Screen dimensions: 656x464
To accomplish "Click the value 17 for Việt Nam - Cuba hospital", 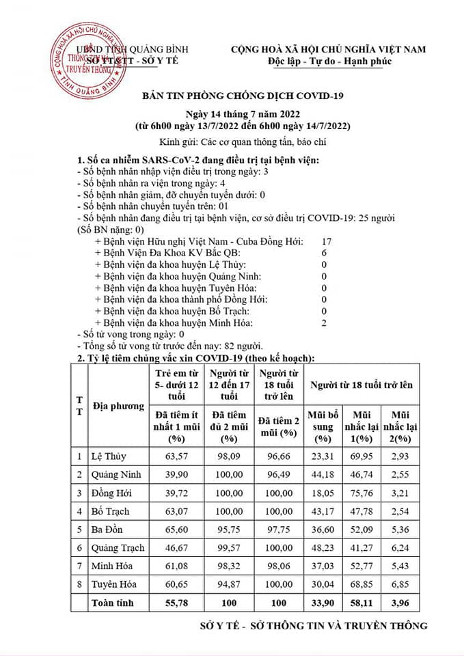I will click(x=325, y=241).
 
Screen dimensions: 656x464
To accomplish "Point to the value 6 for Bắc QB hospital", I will click(x=325, y=253).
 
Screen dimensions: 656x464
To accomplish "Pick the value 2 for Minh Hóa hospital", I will click(x=324, y=323).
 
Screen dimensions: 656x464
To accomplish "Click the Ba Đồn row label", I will click(x=105, y=530).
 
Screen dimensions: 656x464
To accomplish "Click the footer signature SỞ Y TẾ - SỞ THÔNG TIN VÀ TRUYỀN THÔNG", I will click(x=314, y=625).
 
